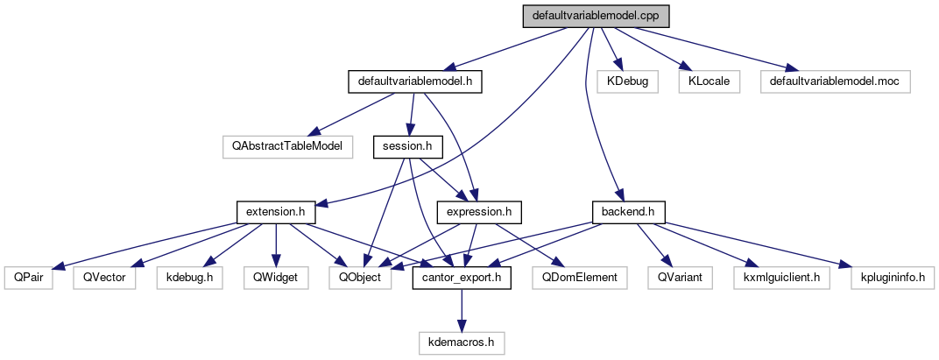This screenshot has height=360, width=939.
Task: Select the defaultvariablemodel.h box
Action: coord(416,81)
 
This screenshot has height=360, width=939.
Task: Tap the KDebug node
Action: coord(621,81)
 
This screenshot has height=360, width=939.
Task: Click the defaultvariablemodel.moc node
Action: coord(836,81)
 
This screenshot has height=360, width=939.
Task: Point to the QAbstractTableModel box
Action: coord(286,146)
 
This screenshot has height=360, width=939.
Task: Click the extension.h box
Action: coord(276,212)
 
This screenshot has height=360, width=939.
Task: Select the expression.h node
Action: coord(479,212)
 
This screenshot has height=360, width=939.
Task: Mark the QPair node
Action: coord(24,278)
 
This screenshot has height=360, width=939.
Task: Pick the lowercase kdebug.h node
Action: coord(189,278)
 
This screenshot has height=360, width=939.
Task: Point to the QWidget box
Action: coord(275,278)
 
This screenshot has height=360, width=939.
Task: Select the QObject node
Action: coord(360,278)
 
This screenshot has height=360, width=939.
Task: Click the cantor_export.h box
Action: coord(462,278)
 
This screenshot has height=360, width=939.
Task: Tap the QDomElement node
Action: coord(580,278)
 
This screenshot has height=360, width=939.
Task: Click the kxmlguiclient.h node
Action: coord(781,278)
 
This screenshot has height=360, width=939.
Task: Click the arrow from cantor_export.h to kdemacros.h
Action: coord(462,310)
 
